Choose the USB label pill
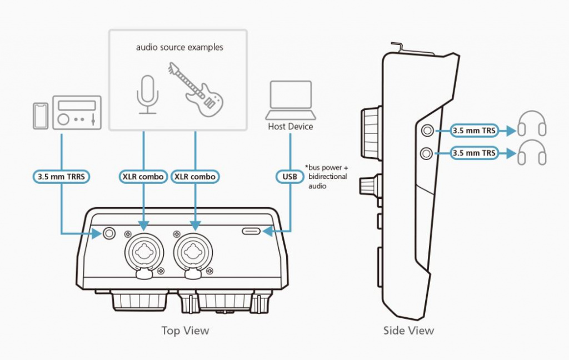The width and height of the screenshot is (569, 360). pyautogui.click(x=290, y=177)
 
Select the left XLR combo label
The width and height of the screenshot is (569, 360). pyautogui.click(x=143, y=177)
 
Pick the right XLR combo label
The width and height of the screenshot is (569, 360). pyautogui.click(x=195, y=177)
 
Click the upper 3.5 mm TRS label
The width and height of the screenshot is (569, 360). pyautogui.click(x=473, y=131)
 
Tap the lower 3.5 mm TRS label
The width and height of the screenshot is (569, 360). pyautogui.click(x=473, y=152)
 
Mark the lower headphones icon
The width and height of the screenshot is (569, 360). pyautogui.click(x=532, y=153)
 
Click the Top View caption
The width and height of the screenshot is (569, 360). pyautogui.click(x=185, y=331)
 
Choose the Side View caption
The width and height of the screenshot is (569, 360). pyautogui.click(x=408, y=331)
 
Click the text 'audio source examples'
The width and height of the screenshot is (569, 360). pyautogui.click(x=179, y=47)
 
